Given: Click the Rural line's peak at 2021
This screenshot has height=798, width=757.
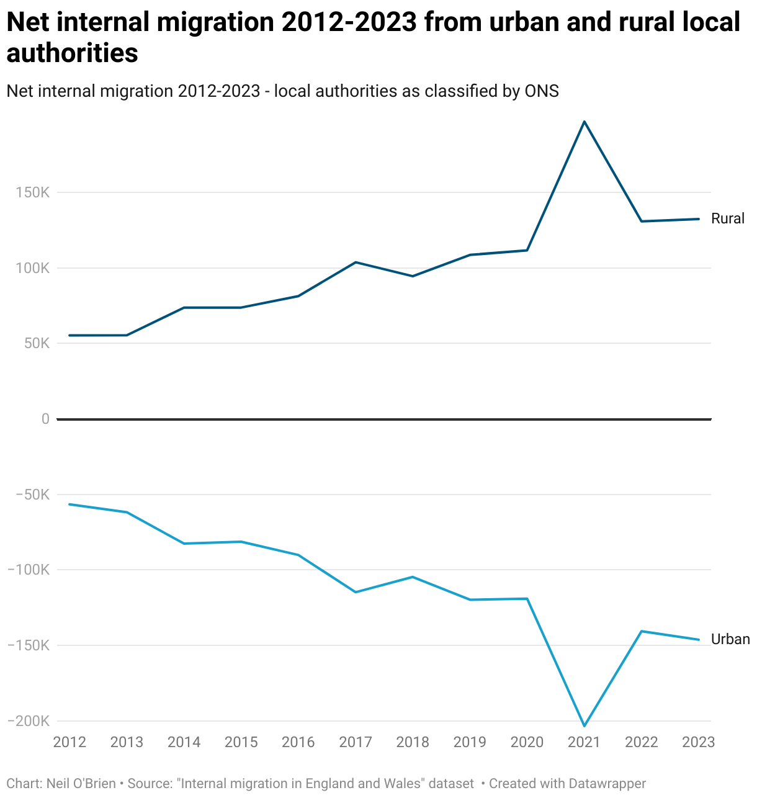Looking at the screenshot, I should [584, 122].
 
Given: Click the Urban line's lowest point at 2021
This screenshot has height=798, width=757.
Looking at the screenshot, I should [584, 726].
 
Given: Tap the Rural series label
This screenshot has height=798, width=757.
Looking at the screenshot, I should [727, 218].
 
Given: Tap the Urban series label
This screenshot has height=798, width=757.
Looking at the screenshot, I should [730, 639].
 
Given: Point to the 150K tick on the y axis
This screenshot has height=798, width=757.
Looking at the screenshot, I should [33, 192].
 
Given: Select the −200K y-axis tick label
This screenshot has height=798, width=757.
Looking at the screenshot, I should [29, 721].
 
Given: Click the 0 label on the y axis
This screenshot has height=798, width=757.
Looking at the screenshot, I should [45, 419].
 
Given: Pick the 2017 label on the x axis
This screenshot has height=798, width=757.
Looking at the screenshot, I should [356, 742].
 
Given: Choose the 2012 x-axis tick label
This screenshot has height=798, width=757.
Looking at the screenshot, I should [69, 742].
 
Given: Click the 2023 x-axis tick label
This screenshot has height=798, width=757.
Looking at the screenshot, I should [699, 742].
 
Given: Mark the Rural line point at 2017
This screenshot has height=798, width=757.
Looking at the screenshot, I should [356, 262].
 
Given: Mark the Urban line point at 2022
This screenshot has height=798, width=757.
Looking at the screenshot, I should [641, 631].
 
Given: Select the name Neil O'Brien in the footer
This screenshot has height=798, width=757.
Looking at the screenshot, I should [81, 784].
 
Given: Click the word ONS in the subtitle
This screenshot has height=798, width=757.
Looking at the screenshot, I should [542, 91].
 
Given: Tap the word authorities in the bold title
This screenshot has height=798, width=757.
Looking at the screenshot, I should [72, 53].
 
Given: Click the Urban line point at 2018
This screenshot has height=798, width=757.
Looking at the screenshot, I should [413, 577].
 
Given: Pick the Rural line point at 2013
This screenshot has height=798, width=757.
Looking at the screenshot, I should [127, 335].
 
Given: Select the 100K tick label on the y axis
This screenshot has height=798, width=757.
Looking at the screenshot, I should [33, 268].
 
